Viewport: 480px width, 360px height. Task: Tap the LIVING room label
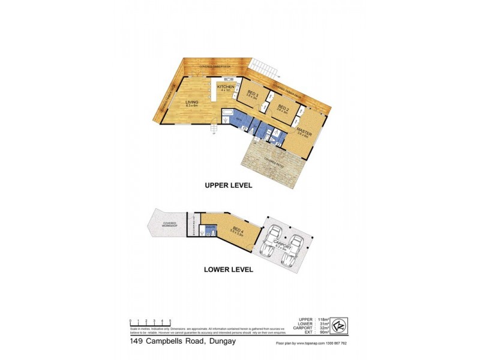[x=192, y=103]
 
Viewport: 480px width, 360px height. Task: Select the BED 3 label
[x=253, y=94]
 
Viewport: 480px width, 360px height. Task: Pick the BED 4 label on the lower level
[x=238, y=229]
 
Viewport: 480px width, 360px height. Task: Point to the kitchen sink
[x=229, y=80]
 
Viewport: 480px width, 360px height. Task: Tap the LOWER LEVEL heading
[x=227, y=269]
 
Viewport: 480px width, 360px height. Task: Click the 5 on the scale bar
[x=170, y=321]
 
